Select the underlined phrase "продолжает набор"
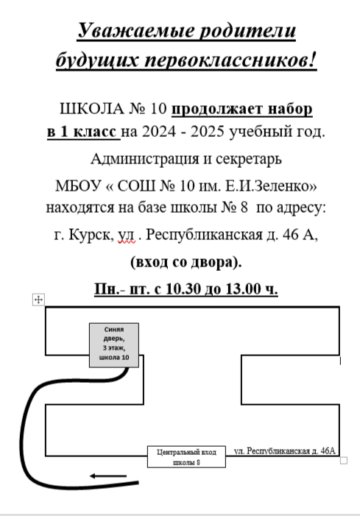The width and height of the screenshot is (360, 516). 242,109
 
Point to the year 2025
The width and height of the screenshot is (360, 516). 208,132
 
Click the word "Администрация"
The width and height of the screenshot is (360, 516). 145,159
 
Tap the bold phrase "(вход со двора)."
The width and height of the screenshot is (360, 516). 186,262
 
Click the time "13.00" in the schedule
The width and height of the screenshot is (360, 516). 244,289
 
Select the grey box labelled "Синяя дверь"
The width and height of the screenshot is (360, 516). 114,345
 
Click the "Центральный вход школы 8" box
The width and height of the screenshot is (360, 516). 186,457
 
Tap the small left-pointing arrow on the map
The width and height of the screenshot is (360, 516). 108,476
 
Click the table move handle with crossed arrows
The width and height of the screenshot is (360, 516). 38,300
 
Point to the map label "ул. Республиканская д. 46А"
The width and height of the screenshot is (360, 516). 285,450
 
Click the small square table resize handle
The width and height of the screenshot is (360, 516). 343,460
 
